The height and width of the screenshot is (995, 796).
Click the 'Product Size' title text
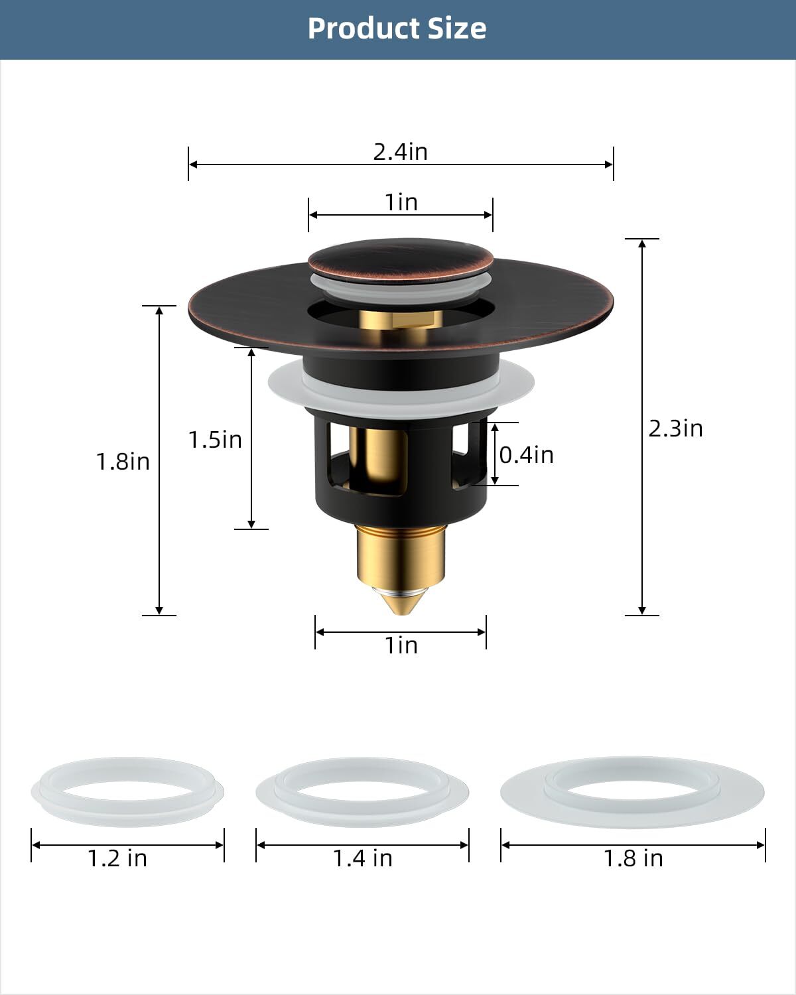click(x=397, y=29)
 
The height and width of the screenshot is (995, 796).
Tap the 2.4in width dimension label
click(x=400, y=151)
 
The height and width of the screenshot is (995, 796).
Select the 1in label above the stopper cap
click(x=401, y=202)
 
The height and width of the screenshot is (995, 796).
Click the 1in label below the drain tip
click(x=401, y=645)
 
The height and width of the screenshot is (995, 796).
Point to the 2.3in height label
click(x=675, y=429)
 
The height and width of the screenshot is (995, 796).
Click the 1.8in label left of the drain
click(x=123, y=461)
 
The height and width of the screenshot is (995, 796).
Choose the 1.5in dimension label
click(x=215, y=439)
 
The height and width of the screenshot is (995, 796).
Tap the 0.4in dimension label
click(x=526, y=454)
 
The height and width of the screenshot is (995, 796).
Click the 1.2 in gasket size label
click(x=117, y=858)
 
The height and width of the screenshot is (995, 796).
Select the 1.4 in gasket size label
click(x=362, y=858)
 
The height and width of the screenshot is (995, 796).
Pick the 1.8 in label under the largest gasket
click(x=633, y=858)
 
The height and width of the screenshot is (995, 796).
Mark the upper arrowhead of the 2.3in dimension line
click(x=642, y=243)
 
